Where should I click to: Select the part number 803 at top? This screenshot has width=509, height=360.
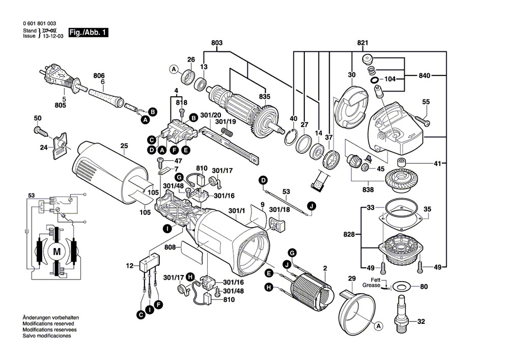point(217,44)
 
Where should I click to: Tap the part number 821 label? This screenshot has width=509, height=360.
point(362,44)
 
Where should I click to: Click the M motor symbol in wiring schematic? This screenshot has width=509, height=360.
point(56,252)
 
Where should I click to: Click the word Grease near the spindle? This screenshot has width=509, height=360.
point(372,286)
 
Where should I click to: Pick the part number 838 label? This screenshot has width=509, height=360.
point(367,190)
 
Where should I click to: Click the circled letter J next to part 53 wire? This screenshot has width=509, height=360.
point(311,207)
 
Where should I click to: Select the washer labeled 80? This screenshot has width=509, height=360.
point(401,287)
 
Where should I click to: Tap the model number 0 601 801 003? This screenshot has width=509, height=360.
point(40,24)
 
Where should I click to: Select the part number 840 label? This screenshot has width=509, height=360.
point(425,76)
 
